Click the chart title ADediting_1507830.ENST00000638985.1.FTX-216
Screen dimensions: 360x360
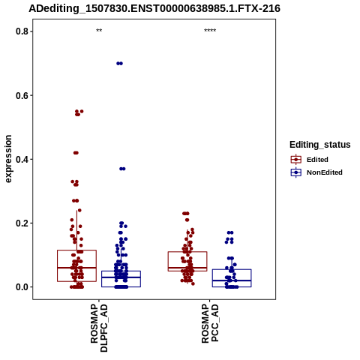(154, 8)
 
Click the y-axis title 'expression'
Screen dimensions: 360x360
(8, 159)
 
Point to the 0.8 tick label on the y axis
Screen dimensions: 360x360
(22, 31)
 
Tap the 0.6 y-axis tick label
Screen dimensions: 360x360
(22, 95)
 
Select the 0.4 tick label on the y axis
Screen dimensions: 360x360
(22, 159)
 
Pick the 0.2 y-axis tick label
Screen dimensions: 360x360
(22, 223)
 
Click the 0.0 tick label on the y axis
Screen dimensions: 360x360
(22, 287)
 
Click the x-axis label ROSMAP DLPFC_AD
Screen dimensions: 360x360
(99, 328)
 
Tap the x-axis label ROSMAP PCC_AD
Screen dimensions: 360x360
(210, 323)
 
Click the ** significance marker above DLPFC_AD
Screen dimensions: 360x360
(99, 31)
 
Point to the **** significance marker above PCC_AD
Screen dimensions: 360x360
(210, 31)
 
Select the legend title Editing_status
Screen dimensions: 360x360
(320, 145)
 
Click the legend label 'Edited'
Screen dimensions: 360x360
(317, 160)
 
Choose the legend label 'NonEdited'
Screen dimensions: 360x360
(325, 172)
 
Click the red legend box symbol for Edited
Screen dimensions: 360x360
(296, 159)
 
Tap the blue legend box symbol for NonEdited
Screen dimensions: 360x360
(296, 172)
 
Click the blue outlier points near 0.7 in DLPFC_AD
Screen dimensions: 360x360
(120, 64)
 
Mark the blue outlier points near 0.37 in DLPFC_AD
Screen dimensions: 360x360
(122, 169)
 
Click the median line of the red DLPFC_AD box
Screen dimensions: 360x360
(76, 268)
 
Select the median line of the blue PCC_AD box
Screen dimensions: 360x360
(232, 280)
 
